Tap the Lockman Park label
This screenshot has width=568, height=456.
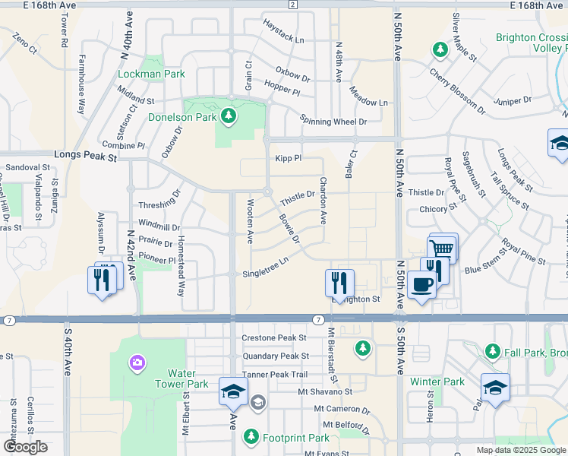tap(151, 74)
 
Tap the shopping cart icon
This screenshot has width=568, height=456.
tap(442, 248)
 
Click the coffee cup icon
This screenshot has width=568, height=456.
tap(421, 285)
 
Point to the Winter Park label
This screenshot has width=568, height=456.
tap(437, 382)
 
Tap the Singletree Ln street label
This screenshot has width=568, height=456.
tap(266, 270)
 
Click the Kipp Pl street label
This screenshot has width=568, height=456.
tap(289, 158)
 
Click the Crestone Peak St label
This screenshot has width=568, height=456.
tap(273, 337)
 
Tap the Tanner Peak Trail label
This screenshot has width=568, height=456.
tap(275, 374)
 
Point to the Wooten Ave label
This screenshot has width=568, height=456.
tap(251, 220)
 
